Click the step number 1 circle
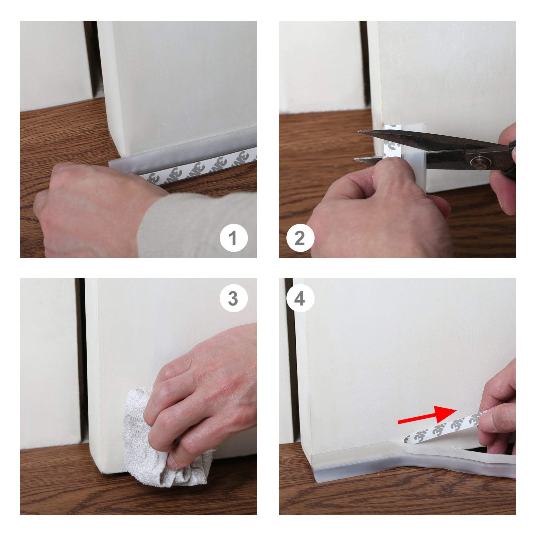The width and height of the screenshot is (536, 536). (x=233, y=239)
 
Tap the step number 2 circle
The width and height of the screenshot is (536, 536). (x=300, y=239)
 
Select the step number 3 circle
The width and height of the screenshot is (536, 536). (x=233, y=298)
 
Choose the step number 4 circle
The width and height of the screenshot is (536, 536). (x=300, y=298)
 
